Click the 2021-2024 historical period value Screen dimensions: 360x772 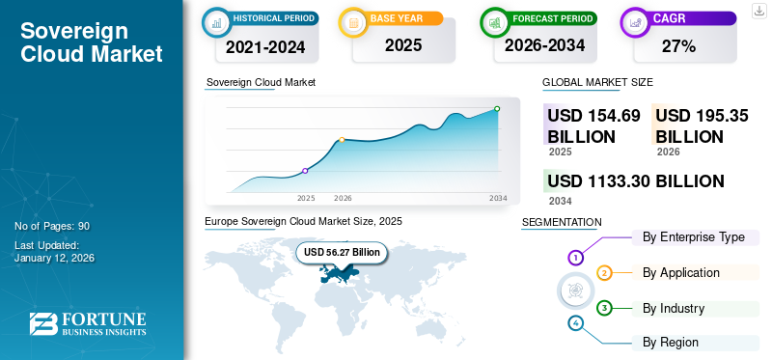click(265, 45)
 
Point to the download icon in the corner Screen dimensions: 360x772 click(759, 13)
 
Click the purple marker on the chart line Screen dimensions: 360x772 click(306, 171)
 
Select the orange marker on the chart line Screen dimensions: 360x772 click(342, 140)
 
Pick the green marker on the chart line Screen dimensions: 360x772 click(497, 109)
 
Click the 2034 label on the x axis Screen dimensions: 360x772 click(498, 198)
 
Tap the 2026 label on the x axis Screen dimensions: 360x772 click(343, 198)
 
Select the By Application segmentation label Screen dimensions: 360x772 click(681, 273)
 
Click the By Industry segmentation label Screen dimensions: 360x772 click(674, 309)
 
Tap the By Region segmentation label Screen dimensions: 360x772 click(671, 343)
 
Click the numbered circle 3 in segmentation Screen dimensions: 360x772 click(604, 308)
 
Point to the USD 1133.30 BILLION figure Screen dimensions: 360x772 click(635, 181)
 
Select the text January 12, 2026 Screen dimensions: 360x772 click(55, 259)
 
